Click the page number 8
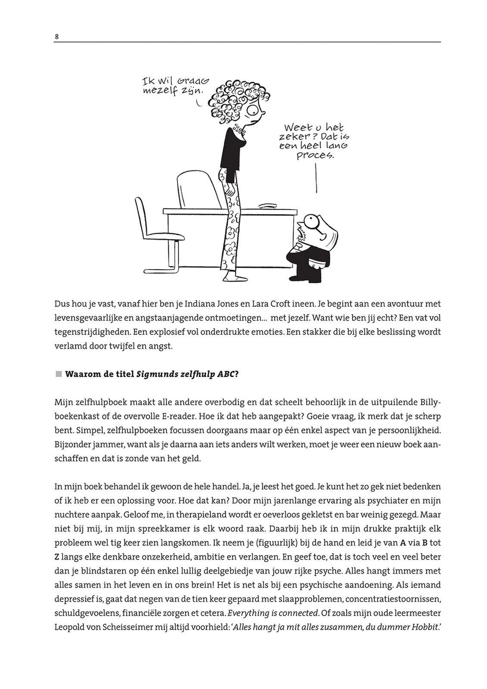[x=56, y=37]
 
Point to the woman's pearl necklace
[x=238, y=130]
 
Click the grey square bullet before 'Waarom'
[x=59, y=374]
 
